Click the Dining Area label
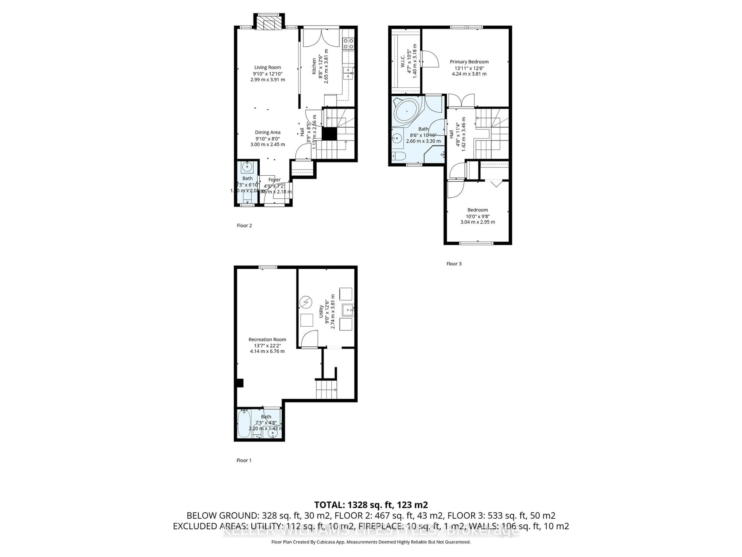[x=267, y=132]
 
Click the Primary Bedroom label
[x=469, y=62]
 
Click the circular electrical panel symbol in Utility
[x=305, y=302]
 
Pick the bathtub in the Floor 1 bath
[x=244, y=424]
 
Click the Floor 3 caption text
[x=454, y=264]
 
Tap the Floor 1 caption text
[x=244, y=460]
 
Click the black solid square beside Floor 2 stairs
[x=329, y=134]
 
